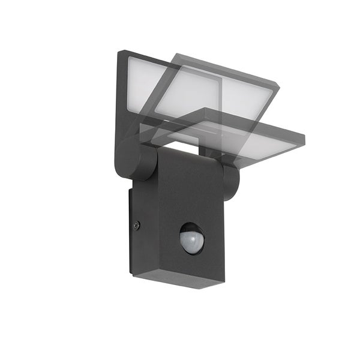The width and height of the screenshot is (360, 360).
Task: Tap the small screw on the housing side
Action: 137,225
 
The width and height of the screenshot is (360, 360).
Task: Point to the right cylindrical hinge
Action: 231,181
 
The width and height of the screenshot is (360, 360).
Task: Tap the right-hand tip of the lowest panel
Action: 303,140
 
